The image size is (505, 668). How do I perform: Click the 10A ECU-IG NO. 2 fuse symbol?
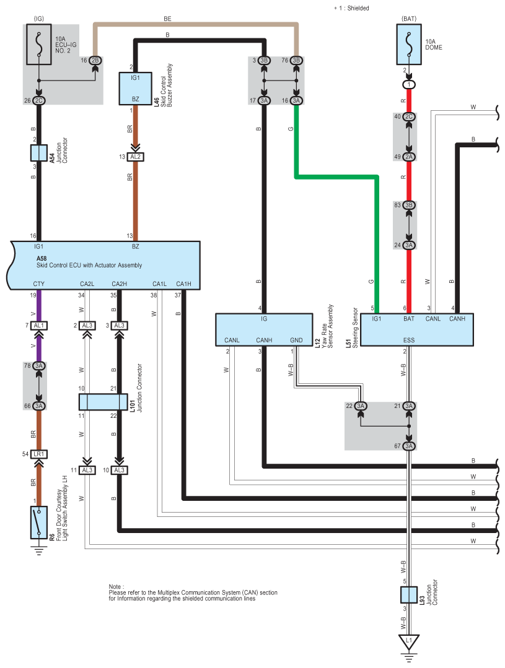pyautogui.click(x=39, y=45)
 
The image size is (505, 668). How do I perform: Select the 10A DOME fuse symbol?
pyautogui.click(x=409, y=45)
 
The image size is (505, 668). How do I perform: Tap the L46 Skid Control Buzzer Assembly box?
pyautogui.click(x=135, y=89)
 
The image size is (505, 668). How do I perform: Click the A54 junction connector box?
pyautogui.click(x=39, y=153)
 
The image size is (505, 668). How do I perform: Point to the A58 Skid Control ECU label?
pyautogui.click(x=89, y=262)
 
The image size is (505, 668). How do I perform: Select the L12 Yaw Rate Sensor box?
pyautogui.click(x=264, y=330)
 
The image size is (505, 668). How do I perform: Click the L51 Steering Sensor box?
pyautogui.click(x=417, y=330)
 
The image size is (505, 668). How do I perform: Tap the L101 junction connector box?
pyautogui.click(x=103, y=402)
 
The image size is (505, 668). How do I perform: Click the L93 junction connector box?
pyautogui.click(x=409, y=595)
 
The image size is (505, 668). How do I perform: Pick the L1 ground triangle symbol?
pyautogui.click(x=409, y=641)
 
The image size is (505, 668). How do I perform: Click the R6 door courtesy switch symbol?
pyautogui.click(x=39, y=523)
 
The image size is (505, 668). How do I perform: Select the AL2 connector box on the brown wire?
pyautogui.click(x=135, y=157)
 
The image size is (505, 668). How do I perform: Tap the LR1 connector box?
pyautogui.click(x=39, y=454)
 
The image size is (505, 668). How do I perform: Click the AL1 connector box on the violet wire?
pyautogui.click(x=39, y=326)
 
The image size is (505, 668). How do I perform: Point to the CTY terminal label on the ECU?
pyautogui.click(x=39, y=284)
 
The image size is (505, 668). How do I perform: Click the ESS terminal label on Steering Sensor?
pyautogui.click(x=409, y=340)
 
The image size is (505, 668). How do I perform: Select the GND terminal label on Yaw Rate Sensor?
pyautogui.click(x=296, y=340)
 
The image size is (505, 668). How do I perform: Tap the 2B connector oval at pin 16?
pyautogui.click(x=95, y=61)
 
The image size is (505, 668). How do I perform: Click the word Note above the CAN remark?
pyautogui.click(x=115, y=587)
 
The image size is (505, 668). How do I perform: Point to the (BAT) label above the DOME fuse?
pyautogui.click(x=409, y=19)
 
